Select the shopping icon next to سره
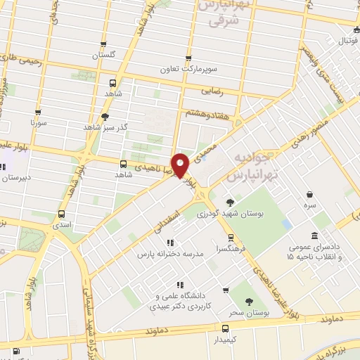[x=310, y=195]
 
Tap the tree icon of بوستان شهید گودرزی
[x=231, y=201]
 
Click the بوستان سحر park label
[x=247, y=310]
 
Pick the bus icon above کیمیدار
[x=225, y=327]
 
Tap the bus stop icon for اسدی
[x=62, y=213]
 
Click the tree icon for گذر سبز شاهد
[x=105, y=117]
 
